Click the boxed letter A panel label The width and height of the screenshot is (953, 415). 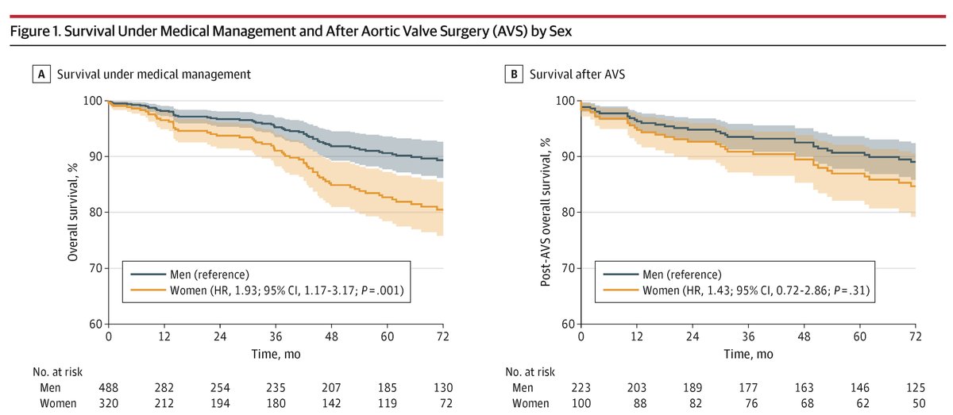coord(38,75)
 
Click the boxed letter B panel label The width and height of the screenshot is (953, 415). coord(512,75)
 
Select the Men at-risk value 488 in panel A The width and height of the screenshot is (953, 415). coord(108,388)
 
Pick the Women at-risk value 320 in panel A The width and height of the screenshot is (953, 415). coord(108,403)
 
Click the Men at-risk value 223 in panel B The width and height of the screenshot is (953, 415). coord(581,388)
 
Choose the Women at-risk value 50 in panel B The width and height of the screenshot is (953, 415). coord(915,403)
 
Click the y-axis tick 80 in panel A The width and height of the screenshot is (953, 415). coord(95,213)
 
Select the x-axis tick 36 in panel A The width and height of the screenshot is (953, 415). coord(274,336)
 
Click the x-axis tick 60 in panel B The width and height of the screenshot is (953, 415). coord(859,336)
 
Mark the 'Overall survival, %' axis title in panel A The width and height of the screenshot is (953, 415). coord(71,212)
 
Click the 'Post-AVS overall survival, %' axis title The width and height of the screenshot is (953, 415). coord(546,212)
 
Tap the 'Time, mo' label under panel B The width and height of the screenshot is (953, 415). coord(748,352)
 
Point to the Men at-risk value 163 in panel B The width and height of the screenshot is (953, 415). coord(804,388)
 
